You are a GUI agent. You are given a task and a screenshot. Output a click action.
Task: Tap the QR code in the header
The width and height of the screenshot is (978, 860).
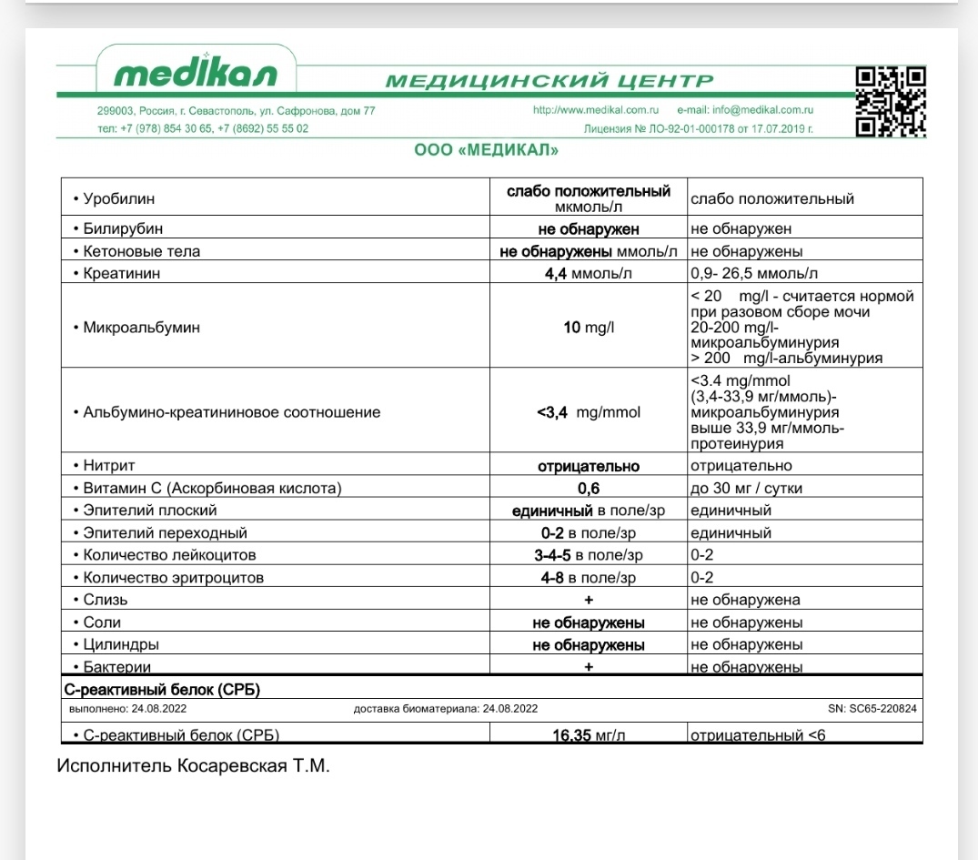coord(891,102)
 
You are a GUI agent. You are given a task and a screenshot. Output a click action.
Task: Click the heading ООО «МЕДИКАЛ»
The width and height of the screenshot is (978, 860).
coord(486,150)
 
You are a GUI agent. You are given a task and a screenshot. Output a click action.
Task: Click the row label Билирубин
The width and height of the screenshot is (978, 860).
coord(123,228)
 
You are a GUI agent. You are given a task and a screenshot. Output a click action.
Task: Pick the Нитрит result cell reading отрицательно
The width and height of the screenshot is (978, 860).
coord(588,466)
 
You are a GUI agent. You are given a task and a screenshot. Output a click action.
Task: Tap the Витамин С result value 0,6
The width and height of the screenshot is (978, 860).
coord(588,489)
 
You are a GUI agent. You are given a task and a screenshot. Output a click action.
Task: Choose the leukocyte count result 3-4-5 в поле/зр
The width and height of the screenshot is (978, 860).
coord(588,555)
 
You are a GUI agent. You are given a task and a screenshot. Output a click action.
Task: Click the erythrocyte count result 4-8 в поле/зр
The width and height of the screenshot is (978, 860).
coord(588,578)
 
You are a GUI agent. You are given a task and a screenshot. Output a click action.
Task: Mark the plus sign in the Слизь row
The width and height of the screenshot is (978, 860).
coord(589,600)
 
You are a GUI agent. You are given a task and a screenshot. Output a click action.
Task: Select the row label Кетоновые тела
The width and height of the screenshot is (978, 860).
coord(141,251)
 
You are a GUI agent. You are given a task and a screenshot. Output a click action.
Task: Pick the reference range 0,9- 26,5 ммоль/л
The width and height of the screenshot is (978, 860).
coord(754,274)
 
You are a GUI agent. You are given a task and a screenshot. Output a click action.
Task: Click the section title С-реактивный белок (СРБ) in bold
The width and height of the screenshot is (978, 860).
coord(161,688)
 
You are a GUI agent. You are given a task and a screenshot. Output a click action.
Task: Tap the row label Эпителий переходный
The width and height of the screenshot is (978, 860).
coord(165,533)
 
